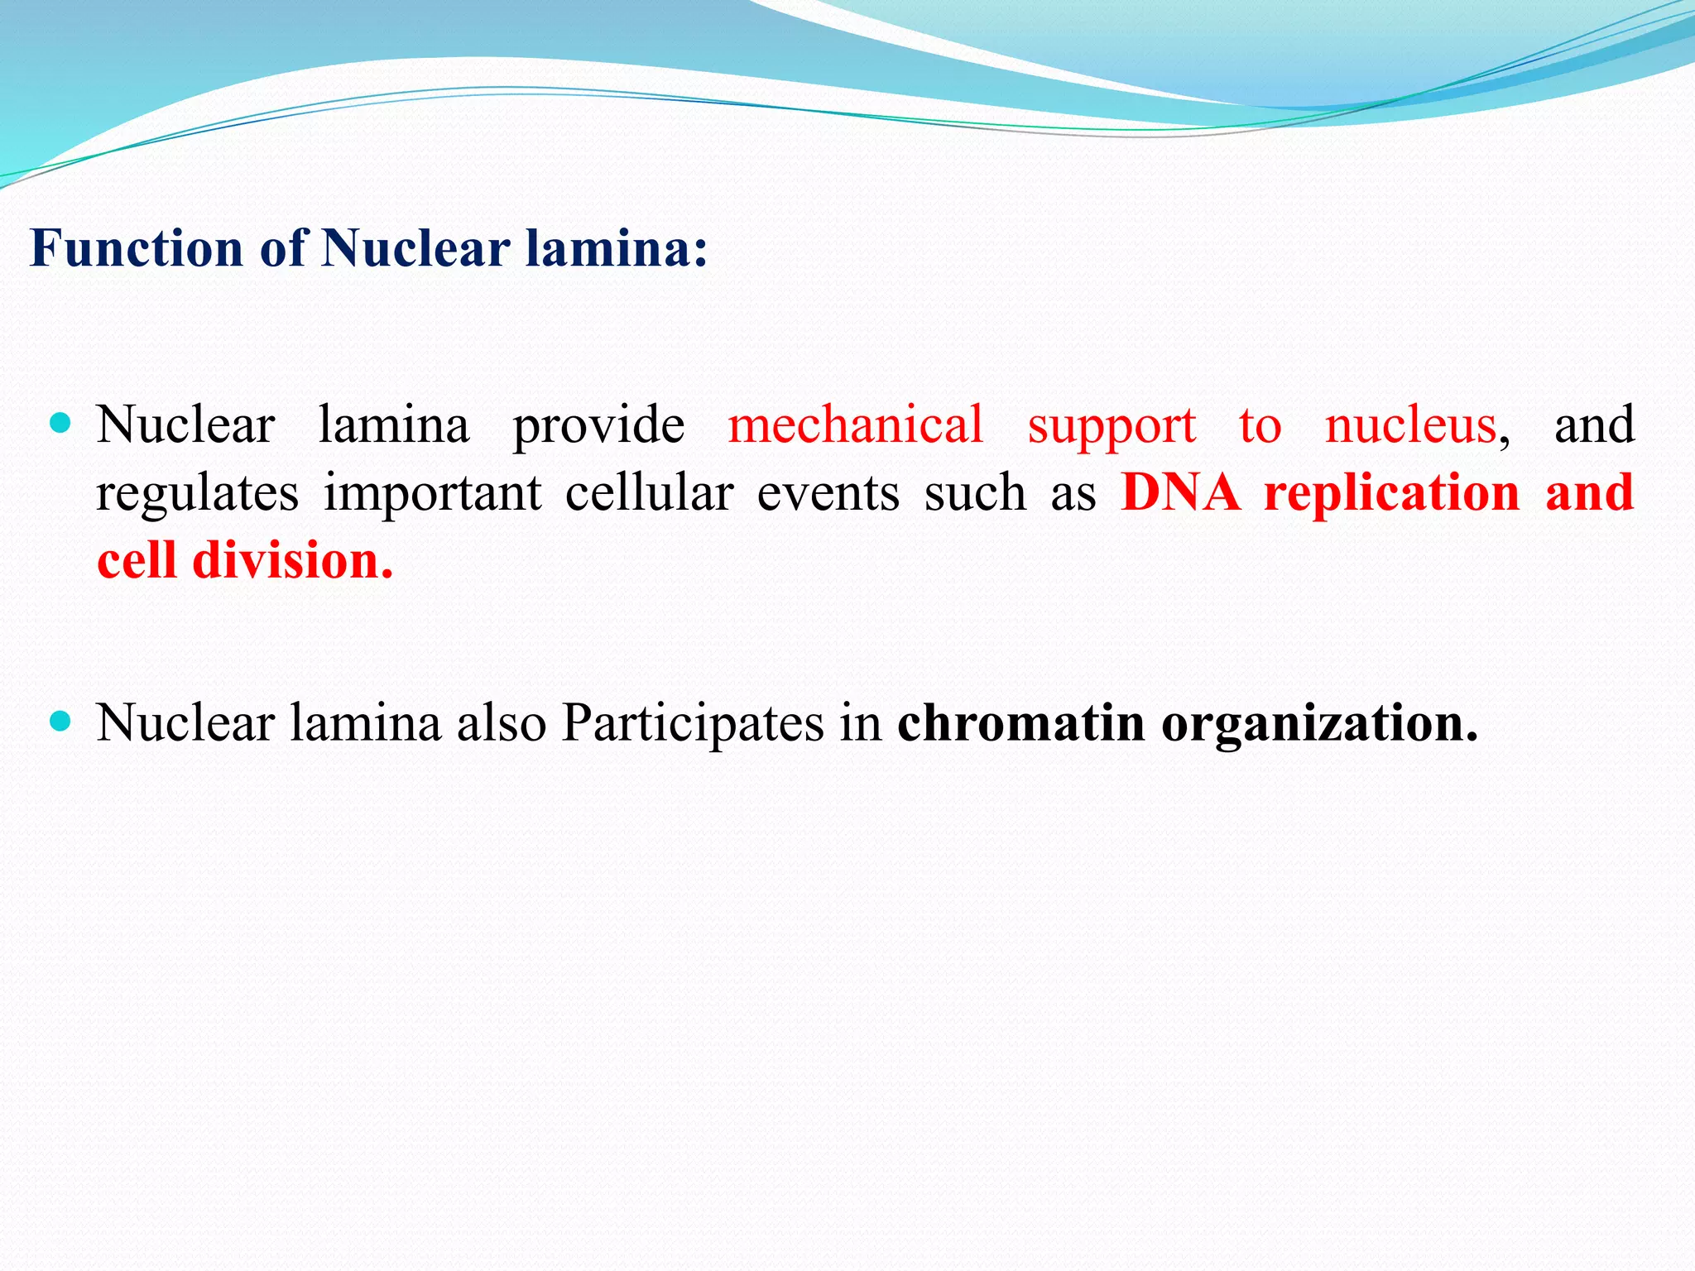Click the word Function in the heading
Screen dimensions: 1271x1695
tap(137, 248)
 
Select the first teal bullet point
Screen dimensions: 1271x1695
tap(60, 424)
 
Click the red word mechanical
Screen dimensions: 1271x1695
tap(855, 425)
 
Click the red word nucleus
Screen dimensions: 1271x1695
tap(1410, 425)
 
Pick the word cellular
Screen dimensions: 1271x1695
tap(649, 493)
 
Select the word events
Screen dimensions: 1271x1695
tap(828, 493)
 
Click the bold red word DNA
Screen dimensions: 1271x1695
tap(1180, 493)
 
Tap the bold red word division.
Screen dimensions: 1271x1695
tap(292, 561)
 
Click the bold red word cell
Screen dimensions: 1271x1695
tap(137, 561)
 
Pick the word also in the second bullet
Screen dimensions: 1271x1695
tap(502, 723)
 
